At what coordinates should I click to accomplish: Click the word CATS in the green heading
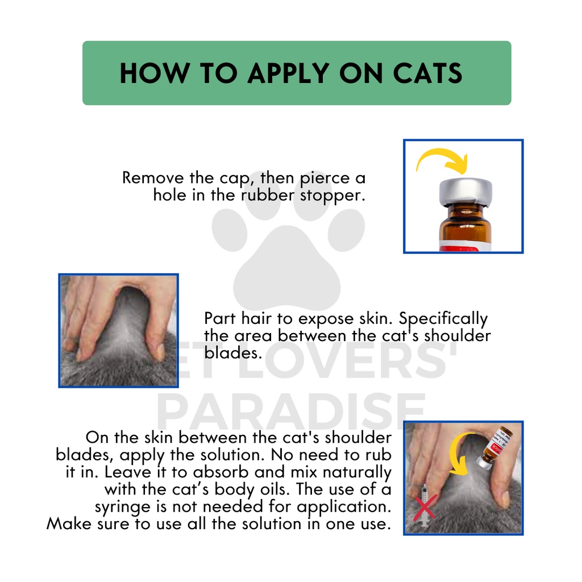pos(427,73)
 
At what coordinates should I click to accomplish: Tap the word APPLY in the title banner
pos(288,73)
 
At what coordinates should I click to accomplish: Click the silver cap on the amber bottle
pos(465,192)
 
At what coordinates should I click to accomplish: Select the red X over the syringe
pos(425,507)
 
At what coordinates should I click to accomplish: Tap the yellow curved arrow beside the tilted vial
pos(458,455)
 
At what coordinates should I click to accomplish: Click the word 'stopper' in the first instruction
pos(332,196)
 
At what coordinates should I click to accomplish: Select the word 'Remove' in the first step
pos(153,178)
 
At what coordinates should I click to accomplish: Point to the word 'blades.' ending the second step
pos(233,352)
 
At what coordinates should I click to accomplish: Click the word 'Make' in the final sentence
pos(69,523)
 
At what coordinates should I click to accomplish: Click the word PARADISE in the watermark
pos(291,411)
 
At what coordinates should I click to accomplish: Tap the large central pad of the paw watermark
pos(286,269)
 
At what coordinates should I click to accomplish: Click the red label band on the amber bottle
pos(465,246)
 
